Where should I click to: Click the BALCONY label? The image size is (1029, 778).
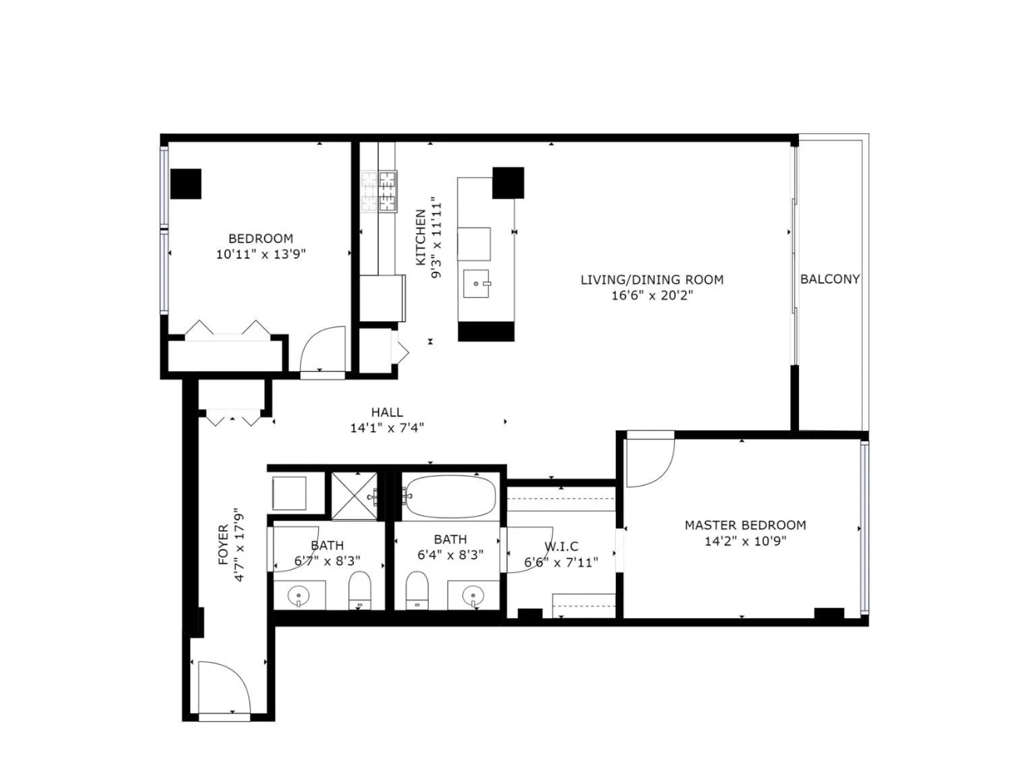point(829,279)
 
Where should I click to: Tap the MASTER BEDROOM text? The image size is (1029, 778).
point(744,525)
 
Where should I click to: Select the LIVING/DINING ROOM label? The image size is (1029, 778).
point(652,280)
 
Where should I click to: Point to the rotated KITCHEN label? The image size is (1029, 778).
point(421,237)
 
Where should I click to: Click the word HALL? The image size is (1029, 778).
point(387,412)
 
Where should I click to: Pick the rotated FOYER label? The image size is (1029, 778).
point(224,544)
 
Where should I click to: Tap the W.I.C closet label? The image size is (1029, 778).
point(560,546)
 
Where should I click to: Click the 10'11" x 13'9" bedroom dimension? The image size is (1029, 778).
point(260,254)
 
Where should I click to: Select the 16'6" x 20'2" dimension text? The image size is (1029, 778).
point(652,295)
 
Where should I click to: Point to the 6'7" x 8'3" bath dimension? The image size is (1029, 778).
point(327,560)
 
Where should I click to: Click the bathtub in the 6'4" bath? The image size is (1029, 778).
point(450,497)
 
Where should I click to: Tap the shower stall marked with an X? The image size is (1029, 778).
point(354,495)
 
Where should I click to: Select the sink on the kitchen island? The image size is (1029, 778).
point(476,285)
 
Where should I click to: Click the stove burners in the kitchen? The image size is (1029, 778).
point(379,192)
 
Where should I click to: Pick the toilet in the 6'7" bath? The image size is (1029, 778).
point(359,590)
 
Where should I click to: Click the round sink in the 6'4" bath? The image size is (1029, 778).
point(472,596)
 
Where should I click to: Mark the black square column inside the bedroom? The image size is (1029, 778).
point(186,184)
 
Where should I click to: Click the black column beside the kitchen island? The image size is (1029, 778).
point(507,182)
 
